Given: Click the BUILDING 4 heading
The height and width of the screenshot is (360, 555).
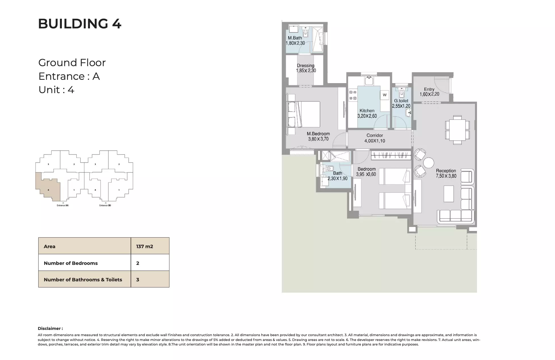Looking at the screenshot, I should coord(79,24).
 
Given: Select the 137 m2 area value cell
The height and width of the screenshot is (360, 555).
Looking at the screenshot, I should coord(144,246).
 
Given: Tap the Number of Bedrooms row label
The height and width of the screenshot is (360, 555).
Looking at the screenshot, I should coord(71,263).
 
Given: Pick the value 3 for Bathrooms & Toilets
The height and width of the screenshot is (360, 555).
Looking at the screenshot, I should coord(138,280).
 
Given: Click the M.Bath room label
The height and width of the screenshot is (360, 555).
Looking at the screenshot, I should coord(295,38).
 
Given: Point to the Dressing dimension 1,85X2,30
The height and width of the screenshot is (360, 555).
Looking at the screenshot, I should coord(306,71).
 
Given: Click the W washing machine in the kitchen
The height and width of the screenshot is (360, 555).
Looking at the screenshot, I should coord(384,95).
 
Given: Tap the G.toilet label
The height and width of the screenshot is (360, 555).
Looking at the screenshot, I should coord(401,101).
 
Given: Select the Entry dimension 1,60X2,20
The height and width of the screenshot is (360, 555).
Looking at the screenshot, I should coord(429,94).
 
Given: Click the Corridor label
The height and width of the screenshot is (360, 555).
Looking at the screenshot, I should coord(375,135).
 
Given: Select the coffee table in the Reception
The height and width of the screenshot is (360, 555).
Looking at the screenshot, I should coord(449,194).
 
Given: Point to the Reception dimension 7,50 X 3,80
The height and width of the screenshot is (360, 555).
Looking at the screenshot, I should coord(446,176).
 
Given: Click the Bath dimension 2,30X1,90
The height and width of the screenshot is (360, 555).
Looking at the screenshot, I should coord(337,179).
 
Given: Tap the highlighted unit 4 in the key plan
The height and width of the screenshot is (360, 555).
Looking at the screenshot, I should coord(49,189).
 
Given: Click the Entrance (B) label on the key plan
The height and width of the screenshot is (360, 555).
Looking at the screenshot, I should coord(105,205).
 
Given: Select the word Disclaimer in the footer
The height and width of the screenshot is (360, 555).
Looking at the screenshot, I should coord(50,328).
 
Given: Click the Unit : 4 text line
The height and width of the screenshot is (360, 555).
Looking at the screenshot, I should coord(56,90).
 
